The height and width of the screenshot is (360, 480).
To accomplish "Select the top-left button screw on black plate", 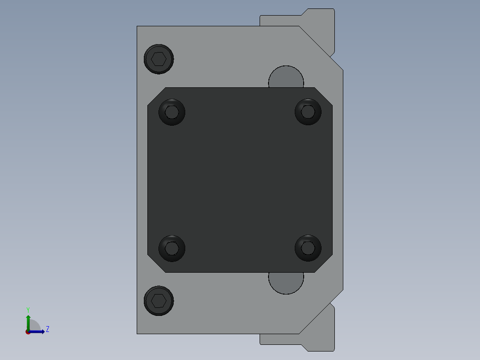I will (x=172, y=112).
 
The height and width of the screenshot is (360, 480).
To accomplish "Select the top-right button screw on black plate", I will (x=308, y=111).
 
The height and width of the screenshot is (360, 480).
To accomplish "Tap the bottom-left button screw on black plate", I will (x=172, y=248).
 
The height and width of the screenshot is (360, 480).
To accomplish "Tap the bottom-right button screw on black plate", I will (x=308, y=248).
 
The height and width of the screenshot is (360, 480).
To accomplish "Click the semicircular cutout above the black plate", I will (x=286, y=78).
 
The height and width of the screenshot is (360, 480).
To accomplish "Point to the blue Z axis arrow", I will (x=38, y=331).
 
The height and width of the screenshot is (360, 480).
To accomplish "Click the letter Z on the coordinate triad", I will (x=47, y=329).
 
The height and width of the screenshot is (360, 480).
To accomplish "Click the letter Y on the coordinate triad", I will (x=28, y=310).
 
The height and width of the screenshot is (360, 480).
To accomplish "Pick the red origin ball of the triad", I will (x=28, y=332).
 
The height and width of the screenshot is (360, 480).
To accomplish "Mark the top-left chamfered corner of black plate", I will (x=156, y=97).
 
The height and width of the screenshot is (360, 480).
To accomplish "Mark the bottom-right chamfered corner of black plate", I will (x=324, y=263).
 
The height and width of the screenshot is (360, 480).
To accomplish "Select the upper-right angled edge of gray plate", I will (x=321, y=48).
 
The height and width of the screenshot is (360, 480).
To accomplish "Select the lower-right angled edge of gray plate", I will (x=321, y=312).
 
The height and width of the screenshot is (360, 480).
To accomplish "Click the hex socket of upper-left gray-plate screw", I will (x=159, y=59).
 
